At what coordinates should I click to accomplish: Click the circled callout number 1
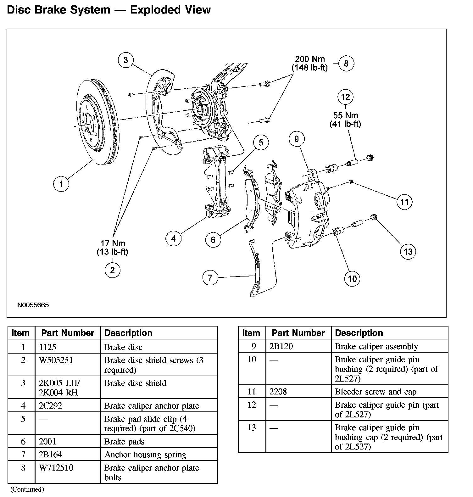[x=61, y=184]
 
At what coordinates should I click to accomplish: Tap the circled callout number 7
[x=210, y=277]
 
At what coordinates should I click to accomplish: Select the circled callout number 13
[x=408, y=252]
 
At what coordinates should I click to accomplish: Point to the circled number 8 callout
[x=346, y=64]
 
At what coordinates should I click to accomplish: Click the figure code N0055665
[x=33, y=305]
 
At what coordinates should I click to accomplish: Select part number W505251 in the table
[x=56, y=360]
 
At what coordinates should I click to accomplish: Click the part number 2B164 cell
[x=51, y=455]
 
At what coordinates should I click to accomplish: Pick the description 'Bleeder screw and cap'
[x=376, y=392]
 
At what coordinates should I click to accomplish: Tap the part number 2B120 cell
[x=281, y=347]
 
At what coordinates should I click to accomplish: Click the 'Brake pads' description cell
[x=124, y=442]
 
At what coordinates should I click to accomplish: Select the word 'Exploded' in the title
[x=153, y=10]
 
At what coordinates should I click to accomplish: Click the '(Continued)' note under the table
[x=27, y=489]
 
